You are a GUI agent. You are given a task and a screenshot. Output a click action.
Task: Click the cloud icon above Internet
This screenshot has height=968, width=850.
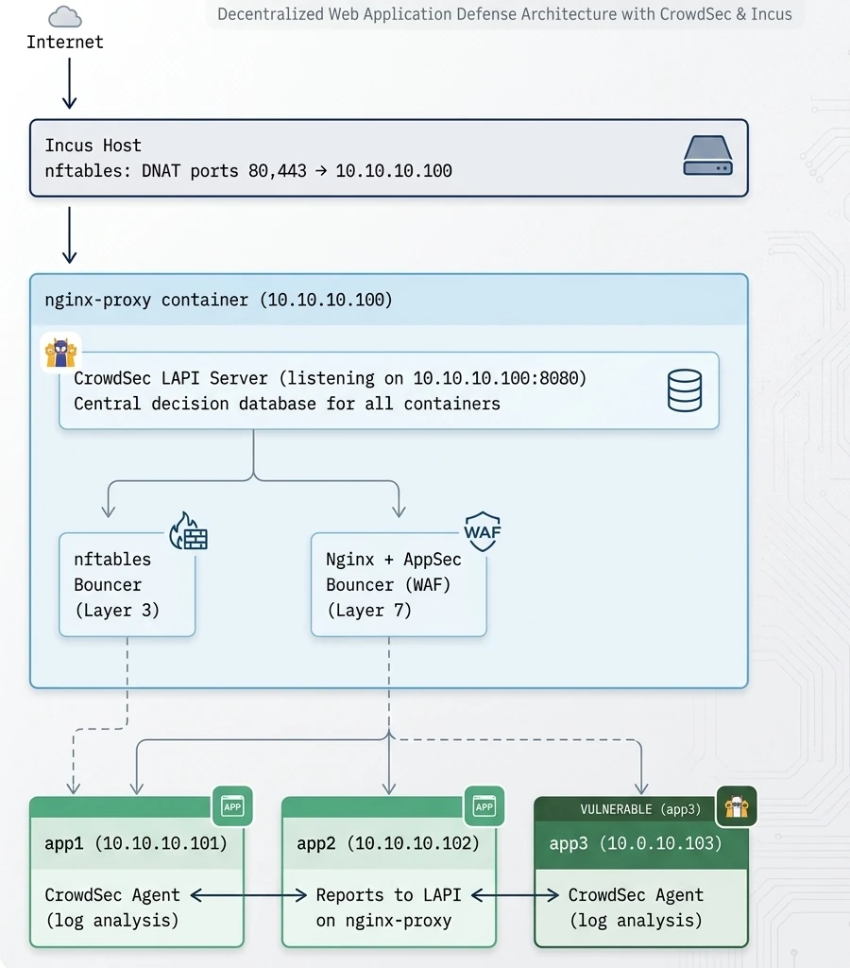64,16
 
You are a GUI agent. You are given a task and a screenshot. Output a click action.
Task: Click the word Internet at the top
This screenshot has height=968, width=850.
65,42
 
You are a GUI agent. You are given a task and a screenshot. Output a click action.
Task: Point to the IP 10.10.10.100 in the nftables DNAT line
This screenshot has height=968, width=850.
394,171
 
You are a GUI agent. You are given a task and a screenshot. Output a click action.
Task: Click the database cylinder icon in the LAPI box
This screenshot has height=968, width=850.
685,390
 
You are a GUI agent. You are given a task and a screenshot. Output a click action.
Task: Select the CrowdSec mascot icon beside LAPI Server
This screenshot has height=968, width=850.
59,352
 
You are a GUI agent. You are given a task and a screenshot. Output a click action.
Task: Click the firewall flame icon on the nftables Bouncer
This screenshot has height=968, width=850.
188,532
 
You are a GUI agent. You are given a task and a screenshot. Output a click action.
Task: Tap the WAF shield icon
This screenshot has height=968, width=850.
482,532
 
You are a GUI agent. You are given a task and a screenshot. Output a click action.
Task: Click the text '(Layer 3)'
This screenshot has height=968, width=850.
116,611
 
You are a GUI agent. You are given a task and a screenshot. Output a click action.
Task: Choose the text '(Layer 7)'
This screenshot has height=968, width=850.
368,611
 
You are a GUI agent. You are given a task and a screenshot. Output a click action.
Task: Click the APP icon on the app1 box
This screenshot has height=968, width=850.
232,806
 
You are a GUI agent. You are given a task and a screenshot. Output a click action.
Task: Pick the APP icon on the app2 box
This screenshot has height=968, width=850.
484,806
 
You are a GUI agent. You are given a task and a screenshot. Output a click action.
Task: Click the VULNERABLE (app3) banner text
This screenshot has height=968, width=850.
641,810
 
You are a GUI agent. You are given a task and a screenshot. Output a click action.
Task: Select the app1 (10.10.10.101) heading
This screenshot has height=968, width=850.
136,843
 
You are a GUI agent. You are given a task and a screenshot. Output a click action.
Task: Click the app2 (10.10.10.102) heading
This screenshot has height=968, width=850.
388,843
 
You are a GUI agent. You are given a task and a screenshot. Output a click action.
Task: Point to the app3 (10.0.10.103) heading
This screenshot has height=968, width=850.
636,843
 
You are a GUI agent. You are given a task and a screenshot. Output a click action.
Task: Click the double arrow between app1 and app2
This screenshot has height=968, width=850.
249,895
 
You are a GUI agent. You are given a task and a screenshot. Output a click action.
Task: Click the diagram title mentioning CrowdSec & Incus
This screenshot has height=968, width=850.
504,14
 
